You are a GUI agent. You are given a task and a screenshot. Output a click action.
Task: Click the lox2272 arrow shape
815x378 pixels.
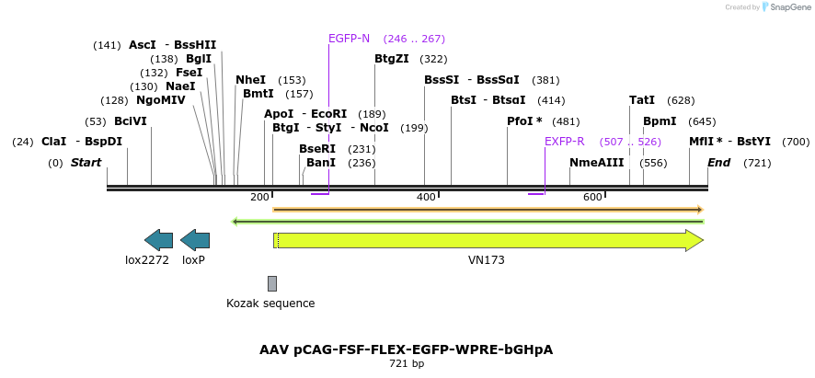click(x=159, y=240)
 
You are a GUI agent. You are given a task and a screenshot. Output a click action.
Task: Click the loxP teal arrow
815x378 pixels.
click(x=195, y=240)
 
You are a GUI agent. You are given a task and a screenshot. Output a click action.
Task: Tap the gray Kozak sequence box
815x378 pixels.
click(x=272, y=283)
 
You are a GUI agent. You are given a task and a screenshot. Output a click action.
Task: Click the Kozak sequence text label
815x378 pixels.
click(x=270, y=304)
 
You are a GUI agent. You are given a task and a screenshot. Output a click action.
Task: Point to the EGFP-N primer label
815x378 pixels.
click(x=349, y=39)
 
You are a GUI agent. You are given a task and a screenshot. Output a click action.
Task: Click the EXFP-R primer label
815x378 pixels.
click(x=564, y=142)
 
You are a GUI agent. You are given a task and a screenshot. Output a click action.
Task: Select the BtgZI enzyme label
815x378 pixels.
click(x=392, y=59)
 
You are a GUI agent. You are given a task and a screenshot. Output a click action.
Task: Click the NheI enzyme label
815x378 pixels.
click(x=250, y=80)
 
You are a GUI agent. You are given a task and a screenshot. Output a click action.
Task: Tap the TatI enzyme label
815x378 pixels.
click(x=642, y=100)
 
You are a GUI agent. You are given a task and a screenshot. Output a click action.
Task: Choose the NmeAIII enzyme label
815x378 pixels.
click(x=597, y=163)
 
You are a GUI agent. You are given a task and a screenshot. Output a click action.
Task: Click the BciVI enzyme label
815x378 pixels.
click(x=131, y=121)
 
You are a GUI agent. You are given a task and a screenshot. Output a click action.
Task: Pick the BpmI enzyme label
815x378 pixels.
click(x=660, y=121)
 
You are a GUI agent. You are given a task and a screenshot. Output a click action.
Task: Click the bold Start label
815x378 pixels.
click(x=86, y=163)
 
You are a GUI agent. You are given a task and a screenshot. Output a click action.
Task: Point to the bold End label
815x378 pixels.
click(x=719, y=163)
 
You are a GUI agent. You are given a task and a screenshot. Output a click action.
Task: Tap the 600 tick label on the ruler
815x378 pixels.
click(x=592, y=197)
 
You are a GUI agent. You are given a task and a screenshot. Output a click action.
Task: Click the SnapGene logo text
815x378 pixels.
click(x=784, y=7)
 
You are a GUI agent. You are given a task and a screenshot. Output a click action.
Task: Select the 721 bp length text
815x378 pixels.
click(x=407, y=364)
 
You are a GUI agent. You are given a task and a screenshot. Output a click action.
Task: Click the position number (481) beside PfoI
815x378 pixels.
click(x=566, y=121)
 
